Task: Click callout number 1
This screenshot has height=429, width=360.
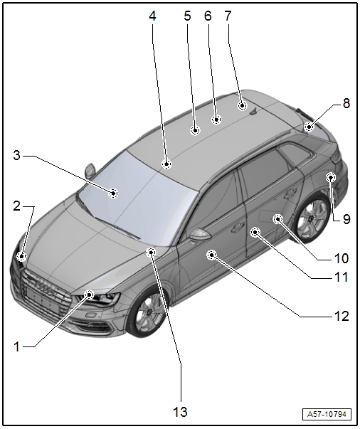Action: click(16, 347)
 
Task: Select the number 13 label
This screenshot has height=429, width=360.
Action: click(180, 411)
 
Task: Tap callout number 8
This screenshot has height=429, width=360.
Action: click(346, 103)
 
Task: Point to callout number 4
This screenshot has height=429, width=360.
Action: click(152, 16)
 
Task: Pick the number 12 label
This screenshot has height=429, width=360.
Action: click(342, 317)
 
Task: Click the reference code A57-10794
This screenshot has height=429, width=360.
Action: click(327, 414)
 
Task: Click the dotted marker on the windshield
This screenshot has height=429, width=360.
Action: click(113, 194)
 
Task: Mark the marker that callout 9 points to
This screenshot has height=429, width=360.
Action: click(331, 178)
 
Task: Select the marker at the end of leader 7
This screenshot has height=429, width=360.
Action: click(242, 105)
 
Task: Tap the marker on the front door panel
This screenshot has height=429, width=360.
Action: click(212, 255)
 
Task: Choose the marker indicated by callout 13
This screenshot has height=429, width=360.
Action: click(151, 252)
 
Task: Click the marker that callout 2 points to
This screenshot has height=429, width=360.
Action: click(21, 257)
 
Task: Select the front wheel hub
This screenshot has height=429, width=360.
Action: click(149, 312)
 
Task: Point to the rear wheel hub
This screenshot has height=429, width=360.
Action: click(311, 219)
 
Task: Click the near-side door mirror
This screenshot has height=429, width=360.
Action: click(199, 235)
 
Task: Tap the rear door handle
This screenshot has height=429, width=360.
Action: click(290, 194)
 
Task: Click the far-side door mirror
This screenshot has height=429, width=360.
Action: click(90, 171)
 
